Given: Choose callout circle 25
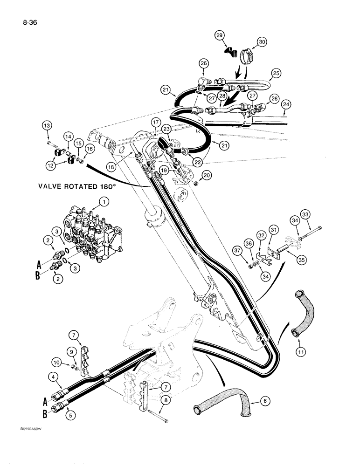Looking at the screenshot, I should pos(276,74).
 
